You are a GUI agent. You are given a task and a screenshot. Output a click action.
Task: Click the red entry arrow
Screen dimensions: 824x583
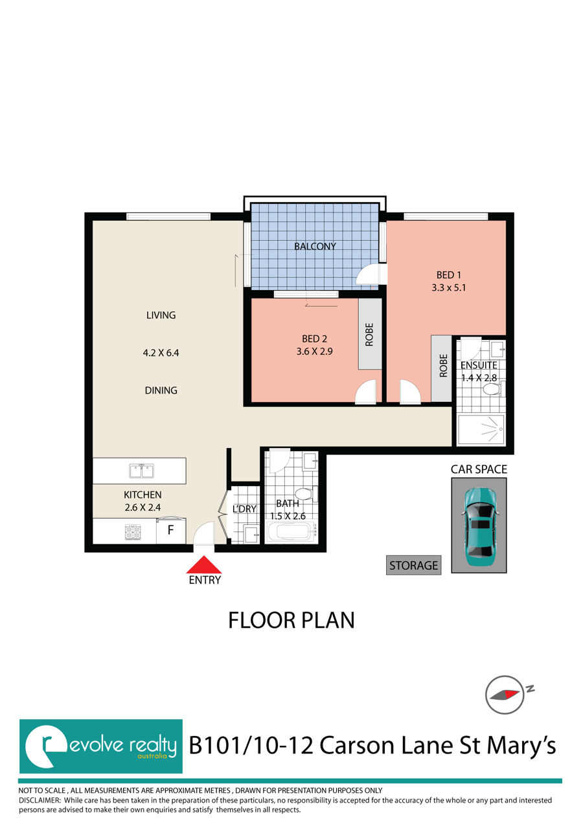[204, 564]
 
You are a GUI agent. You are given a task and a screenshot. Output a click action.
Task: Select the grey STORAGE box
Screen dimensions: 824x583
[413, 565]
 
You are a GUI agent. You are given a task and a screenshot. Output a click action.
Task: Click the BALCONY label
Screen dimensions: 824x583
[315, 246]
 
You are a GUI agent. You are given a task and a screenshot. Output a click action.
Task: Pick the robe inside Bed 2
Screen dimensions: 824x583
[370, 334]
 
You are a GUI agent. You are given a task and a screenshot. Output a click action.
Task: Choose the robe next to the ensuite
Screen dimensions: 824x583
[443, 368]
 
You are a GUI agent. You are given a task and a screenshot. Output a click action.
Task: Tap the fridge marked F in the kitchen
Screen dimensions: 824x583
[171, 531]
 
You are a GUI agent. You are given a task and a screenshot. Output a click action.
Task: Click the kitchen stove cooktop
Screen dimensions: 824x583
[133, 533]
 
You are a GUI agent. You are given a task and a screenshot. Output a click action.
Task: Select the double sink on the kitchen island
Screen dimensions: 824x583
[140, 471]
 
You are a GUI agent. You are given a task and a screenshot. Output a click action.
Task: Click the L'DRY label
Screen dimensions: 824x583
[245, 509]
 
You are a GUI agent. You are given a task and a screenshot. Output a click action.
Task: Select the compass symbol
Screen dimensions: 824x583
[504, 694]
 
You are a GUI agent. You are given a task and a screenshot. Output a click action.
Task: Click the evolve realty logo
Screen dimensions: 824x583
[100, 746]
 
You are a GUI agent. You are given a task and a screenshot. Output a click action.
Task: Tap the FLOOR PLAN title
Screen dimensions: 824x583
[291, 620]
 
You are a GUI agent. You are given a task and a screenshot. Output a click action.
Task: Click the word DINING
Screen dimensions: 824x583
[161, 390]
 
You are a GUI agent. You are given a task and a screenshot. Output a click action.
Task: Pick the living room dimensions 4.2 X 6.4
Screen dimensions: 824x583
[160, 353]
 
